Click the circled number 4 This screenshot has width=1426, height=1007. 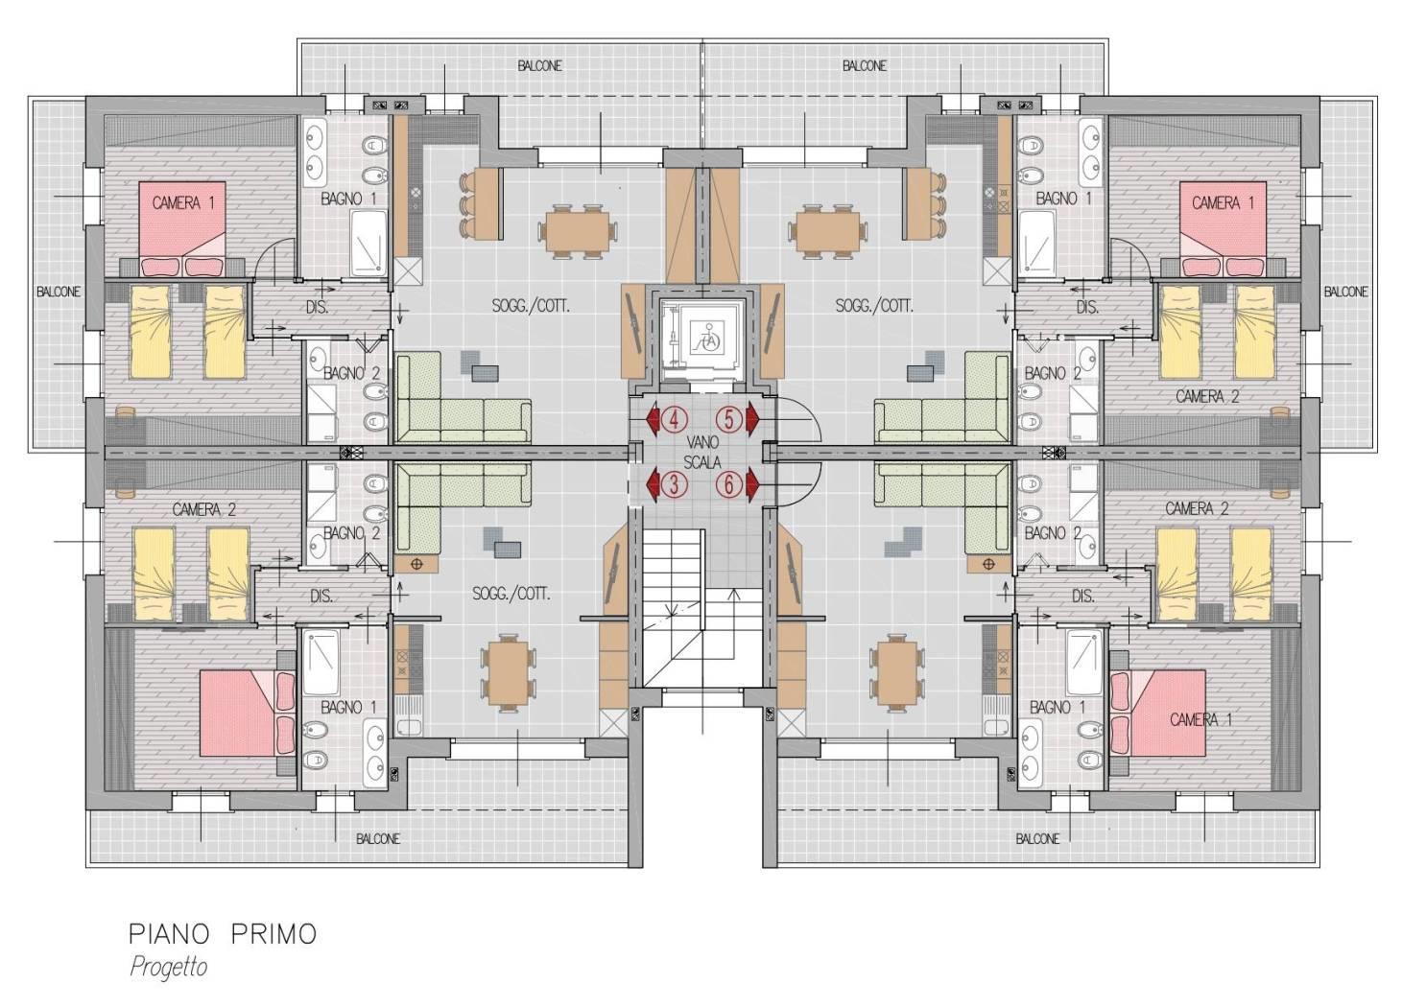pos(675,419)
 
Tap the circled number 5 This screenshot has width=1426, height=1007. pos(729,419)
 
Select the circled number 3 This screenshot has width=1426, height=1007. pos(675,485)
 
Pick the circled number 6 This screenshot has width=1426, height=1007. pos(729,485)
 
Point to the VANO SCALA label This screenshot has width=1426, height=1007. pos(702,453)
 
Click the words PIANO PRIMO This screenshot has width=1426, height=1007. pos(223,934)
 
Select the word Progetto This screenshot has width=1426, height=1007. pos(169,967)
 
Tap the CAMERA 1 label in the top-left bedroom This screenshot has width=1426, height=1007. pos(183,203)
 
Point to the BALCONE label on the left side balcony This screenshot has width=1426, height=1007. pos(59,292)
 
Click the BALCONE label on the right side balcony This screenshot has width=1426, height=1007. pos(1345,292)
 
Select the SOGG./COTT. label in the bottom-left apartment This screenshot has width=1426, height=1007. pos(511,595)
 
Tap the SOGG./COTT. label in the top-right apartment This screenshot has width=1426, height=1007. pos(874,306)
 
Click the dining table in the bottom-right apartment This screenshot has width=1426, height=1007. pos(895,671)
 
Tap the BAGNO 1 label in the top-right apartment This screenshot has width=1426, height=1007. pos(1064,199)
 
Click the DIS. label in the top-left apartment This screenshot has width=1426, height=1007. pos(317,307)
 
